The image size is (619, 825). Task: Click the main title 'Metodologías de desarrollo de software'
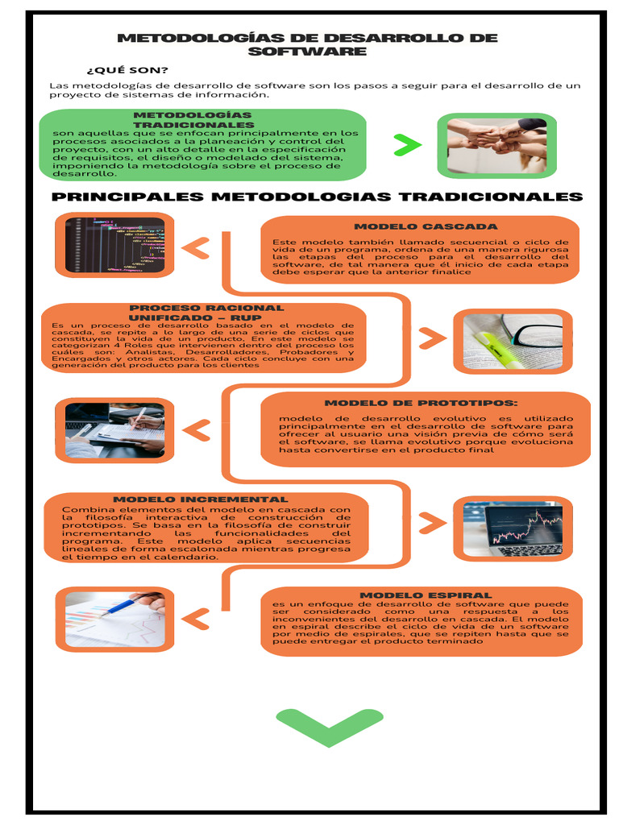pos(307,44)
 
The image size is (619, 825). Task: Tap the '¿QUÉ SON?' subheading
pos(127,69)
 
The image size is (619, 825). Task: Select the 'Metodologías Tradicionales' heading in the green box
pos(193,120)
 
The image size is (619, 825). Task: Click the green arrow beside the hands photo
pos(407,145)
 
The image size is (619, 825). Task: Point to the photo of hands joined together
pos(496,145)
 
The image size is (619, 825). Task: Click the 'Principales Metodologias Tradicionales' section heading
pos(317,197)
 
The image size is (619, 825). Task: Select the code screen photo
pos(114,245)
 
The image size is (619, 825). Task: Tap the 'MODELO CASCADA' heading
pos(426,226)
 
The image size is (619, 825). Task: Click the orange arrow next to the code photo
pos(196,248)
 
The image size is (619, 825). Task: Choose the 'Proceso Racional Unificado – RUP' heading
pos(206,313)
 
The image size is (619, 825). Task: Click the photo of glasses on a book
pos(513,342)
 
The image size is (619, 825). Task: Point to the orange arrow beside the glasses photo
pos(432,338)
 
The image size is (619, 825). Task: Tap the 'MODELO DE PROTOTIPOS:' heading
pos(421,403)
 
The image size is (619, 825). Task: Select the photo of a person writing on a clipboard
pos(114,430)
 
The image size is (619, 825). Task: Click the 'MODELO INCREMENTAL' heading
pos(200,500)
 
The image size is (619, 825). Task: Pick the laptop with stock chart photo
pos(513,528)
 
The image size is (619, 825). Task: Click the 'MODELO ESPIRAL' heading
pos(426,595)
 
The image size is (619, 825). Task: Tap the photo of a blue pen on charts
pos(114,619)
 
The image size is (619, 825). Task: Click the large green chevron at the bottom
pos(329,726)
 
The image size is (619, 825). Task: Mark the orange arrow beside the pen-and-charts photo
pos(196,619)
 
